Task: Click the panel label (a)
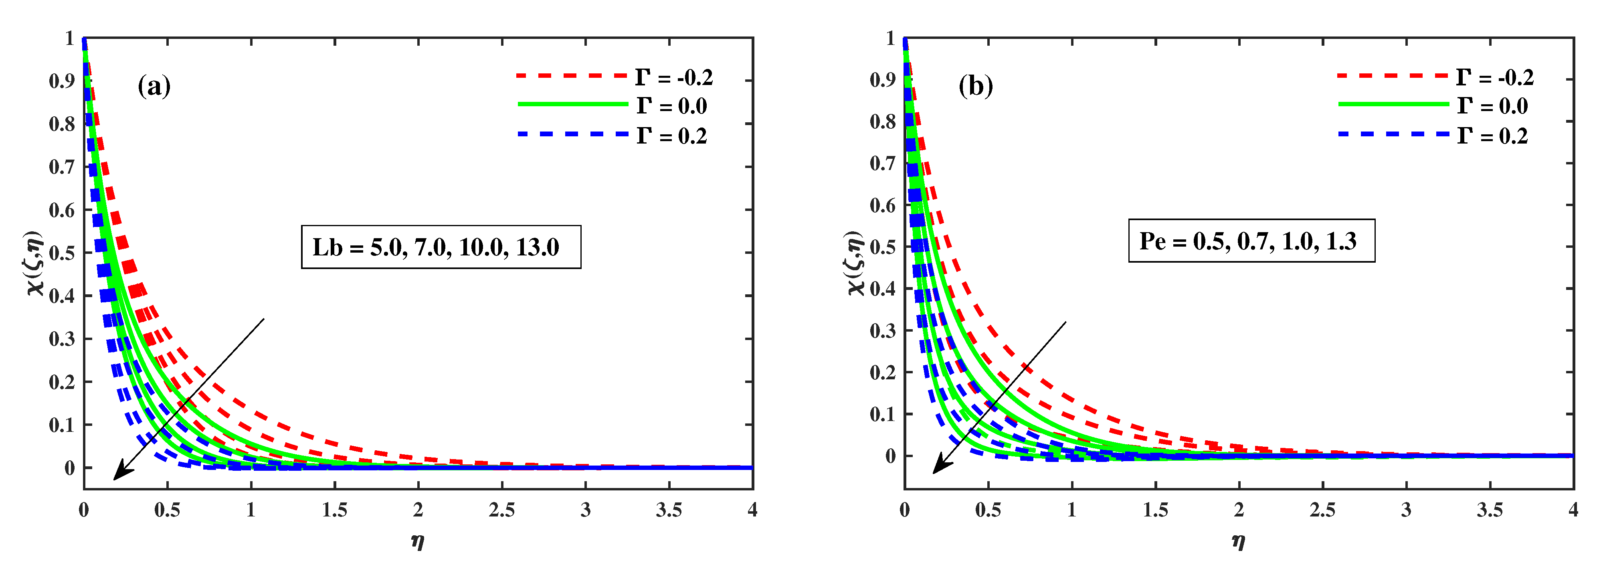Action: (x=154, y=86)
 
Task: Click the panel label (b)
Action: (x=975, y=86)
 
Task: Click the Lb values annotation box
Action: (x=441, y=247)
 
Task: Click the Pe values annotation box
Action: (x=1251, y=241)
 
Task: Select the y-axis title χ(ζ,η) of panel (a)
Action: (x=35, y=262)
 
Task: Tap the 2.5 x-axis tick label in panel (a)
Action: (x=501, y=510)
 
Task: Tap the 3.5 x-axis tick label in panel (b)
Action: (x=1490, y=510)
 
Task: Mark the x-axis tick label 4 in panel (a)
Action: (x=752, y=510)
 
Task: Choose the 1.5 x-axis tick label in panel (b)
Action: (x=1155, y=510)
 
